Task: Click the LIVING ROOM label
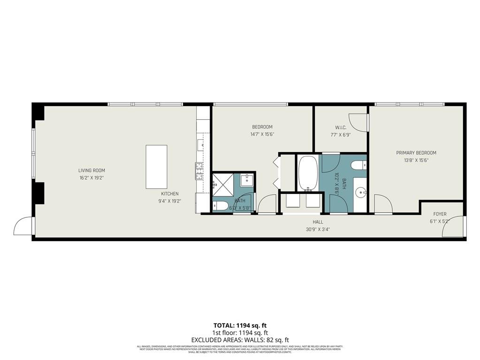(x=91, y=170)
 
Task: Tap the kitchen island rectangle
(x=156, y=167)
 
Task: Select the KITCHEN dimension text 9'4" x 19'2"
(x=170, y=201)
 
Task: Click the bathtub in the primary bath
(x=308, y=173)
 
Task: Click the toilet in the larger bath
(x=359, y=165)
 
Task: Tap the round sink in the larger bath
(x=360, y=191)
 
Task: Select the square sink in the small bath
(x=247, y=180)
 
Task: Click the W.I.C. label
(x=340, y=127)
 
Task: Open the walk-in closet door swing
(x=358, y=123)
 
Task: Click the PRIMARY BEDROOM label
(x=416, y=153)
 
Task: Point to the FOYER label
(x=440, y=214)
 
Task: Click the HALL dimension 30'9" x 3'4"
(x=319, y=230)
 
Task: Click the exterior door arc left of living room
(x=23, y=226)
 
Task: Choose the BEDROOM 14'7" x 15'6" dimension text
(x=262, y=134)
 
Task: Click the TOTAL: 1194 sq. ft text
(x=240, y=325)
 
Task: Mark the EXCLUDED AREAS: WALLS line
(x=240, y=339)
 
